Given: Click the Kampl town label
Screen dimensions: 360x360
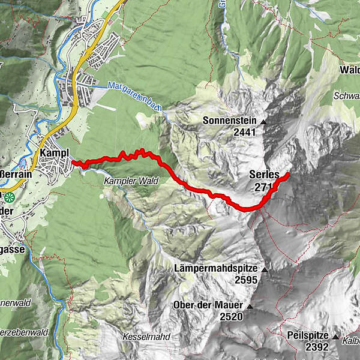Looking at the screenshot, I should pos(55,153).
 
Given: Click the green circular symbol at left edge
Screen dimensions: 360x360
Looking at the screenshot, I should pos(9,196).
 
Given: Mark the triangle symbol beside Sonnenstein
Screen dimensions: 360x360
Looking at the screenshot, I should pos(263,122).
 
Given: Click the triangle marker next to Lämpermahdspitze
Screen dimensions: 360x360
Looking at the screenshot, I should pos(263,269).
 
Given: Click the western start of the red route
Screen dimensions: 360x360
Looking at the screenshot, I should pos(73,162).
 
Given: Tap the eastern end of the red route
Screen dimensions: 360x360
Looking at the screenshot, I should pos(288,175).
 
